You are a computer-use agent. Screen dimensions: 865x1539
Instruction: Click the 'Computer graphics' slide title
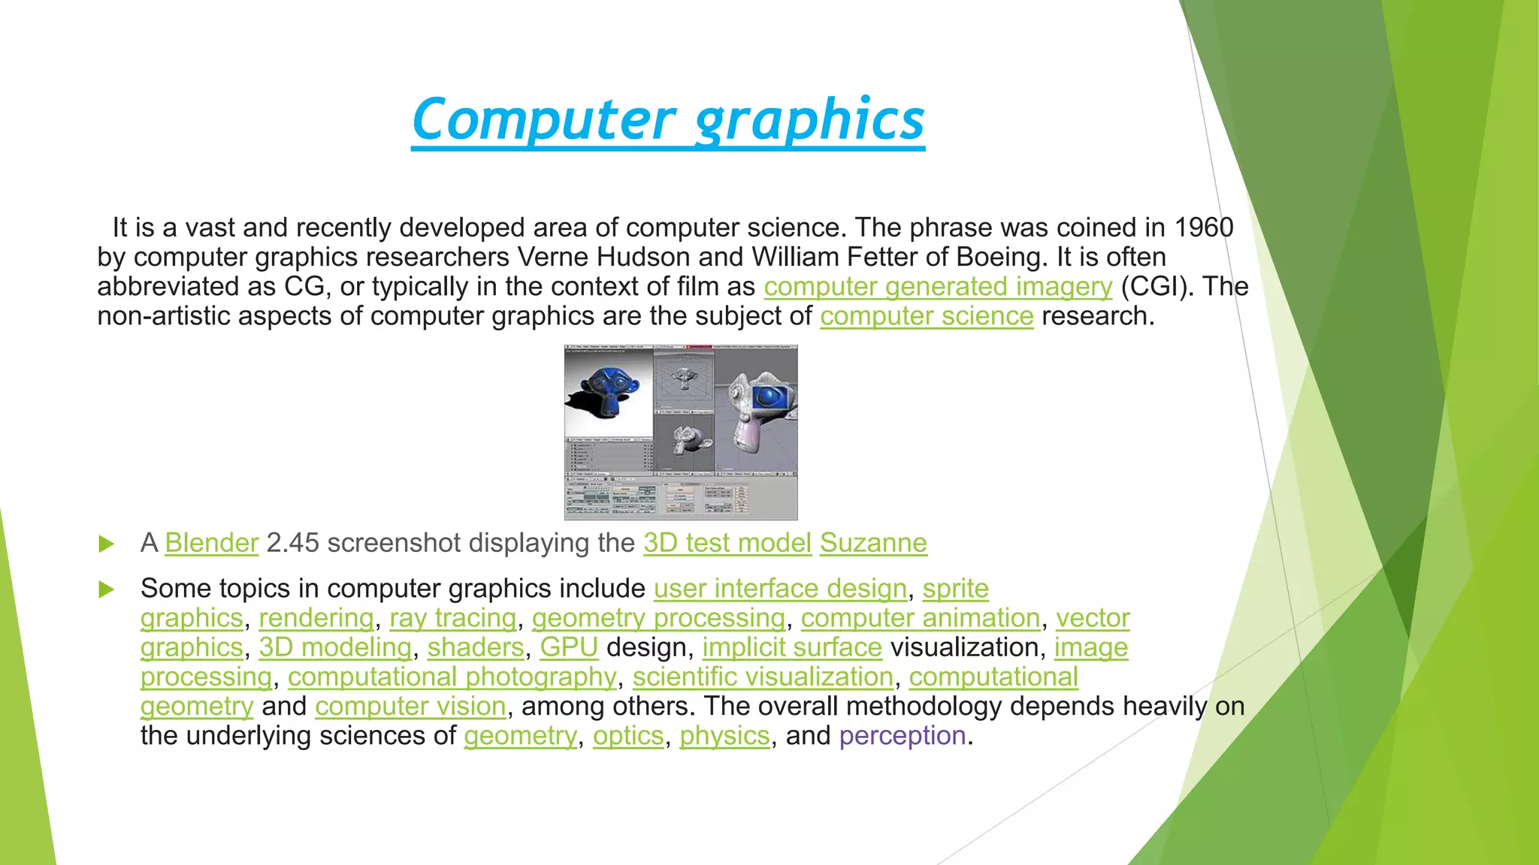point(668,120)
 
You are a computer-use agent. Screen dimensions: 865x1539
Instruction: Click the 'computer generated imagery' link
point(937,287)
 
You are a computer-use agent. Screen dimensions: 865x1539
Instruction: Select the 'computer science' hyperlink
point(927,316)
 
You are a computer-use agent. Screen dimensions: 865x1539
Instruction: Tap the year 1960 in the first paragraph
point(1204,228)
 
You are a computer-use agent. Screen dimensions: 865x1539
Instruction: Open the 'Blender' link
point(211,543)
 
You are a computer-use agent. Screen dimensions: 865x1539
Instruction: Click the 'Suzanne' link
point(873,543)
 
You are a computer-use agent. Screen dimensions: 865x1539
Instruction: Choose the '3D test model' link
point(727,543)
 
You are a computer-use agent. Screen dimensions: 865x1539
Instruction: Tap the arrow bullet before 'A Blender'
point(107,544)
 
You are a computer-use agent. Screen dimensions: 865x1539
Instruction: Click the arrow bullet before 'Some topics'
point(107,589)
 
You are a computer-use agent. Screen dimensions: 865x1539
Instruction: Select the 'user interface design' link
point(780,589)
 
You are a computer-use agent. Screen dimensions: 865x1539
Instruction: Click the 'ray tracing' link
point(453,618)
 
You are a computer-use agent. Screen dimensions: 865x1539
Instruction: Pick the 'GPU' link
point(569,647)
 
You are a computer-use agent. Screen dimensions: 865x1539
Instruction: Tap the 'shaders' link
point(476,647)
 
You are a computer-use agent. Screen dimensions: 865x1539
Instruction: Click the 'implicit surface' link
point(792,647)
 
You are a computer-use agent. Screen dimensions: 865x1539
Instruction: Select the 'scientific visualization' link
point(763,677)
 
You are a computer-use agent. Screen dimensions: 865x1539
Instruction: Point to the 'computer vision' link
point(410,706)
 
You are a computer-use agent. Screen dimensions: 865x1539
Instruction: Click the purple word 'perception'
point(903,736)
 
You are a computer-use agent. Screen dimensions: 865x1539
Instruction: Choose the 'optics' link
point(628,736)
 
